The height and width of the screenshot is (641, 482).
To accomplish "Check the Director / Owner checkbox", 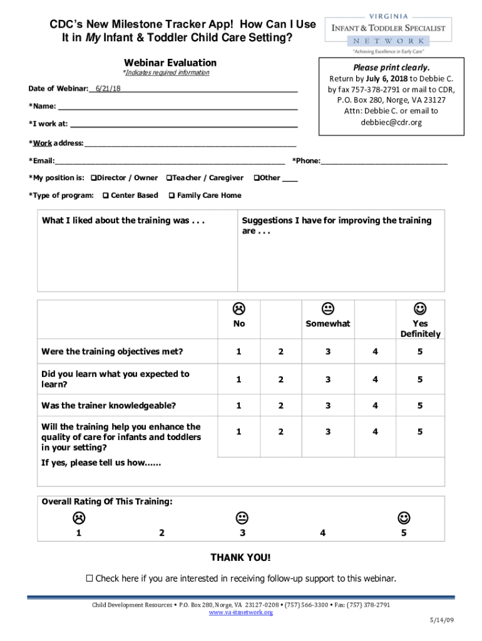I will click(x=93, y=178).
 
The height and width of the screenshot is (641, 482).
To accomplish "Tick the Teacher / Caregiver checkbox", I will click(x=169, y=178).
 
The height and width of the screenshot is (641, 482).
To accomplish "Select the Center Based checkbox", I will click(x=105, y=195).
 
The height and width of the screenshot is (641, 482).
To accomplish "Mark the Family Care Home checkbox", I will click(x=172, y=195).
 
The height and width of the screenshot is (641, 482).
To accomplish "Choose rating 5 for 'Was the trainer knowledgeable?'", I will click(x=420, y=405).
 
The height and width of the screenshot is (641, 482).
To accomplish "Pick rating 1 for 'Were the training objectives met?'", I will click(x=238, y=351).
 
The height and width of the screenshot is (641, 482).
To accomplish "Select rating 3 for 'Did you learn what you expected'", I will click(x=327, y=379).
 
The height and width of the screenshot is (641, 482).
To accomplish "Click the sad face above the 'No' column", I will click(x=238, y=308).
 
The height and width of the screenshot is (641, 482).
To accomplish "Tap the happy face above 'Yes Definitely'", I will click(x=420, y=308).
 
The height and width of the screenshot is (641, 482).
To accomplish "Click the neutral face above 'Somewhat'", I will click(x=327, y=308).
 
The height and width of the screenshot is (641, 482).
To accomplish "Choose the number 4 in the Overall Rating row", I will click(x=322, y=533).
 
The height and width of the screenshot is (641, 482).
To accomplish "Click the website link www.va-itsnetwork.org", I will click(x=241, y=612).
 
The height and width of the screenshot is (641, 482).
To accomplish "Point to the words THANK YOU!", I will click(x=241, y=557).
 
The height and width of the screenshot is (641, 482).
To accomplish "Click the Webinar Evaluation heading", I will click(x=170, y=63).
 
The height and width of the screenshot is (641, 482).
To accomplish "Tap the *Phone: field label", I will click(x=306, y=161).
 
